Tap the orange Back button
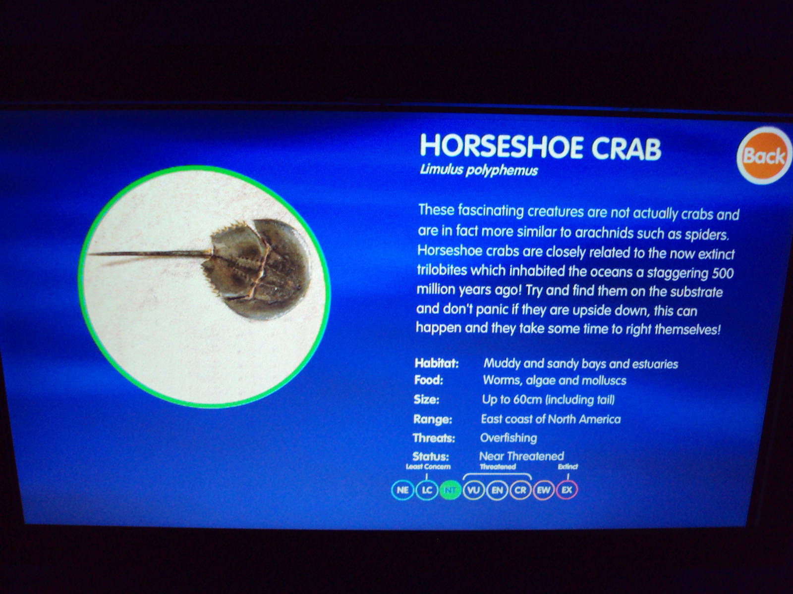click(x=764, y=155)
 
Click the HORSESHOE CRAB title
click(x=540, y=147)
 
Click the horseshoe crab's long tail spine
click(x=150, y=254)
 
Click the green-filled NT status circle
click(x=450, y=490)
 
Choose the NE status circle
click(x=402, y=490)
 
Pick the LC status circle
click(x=427, y=490)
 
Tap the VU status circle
click(x=474, y=490)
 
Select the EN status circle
click(x=497, y=490)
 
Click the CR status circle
click(x=520, y=490)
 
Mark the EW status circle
click(x=544, y=490)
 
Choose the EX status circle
click(x=567, y=490)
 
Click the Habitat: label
click(x=437, y=363)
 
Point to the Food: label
click(x=429, y=380)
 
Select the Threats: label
click(x=434, y=438)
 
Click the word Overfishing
click(x=509, y=438)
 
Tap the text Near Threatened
click(x=521, y=456)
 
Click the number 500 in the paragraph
click(x=723, y=273)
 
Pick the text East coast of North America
click(x=551, y=419)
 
